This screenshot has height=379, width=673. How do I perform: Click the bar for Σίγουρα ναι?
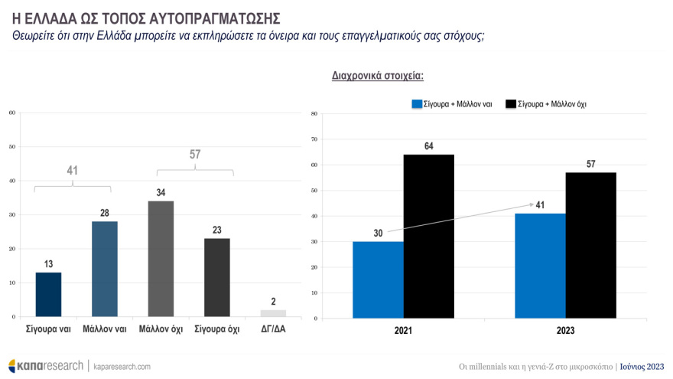click(x=48, y=294)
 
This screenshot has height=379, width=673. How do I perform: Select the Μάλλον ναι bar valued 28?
click(x=105, y=269)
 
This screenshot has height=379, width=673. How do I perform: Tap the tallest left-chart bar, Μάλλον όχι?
click(x=161, y=259)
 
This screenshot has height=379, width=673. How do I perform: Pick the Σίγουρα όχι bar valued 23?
click(x=217, y=277)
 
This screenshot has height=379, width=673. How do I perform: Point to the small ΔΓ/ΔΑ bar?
click(x=273, y=313)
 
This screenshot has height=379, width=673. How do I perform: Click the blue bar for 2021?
click(x=378, y=279)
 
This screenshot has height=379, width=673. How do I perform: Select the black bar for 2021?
click(x=429, y=236)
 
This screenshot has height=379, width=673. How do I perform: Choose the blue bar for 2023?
click(x=540, y=266)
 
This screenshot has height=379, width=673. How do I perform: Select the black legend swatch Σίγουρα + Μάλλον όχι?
click(x=510, y=104)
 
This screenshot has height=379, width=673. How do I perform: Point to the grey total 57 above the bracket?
click(x=195, y=155)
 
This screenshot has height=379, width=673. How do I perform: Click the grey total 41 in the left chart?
click(x=73, y=171)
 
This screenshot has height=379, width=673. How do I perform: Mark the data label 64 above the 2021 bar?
click(x=429, y=145)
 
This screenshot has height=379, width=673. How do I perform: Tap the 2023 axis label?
click(x=565, y=331)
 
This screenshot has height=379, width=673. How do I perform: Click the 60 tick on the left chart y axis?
click(x=11, y=113)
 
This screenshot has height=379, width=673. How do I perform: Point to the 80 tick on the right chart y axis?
click(x=314, y=114)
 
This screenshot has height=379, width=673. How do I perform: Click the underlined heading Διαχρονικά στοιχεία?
click(x=378, y=76)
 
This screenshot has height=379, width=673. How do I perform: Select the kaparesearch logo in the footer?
click(x=45, y=366)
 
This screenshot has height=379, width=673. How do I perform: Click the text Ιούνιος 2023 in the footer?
click(x=642, y=366)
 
